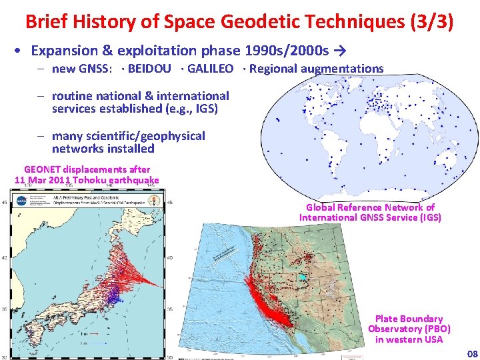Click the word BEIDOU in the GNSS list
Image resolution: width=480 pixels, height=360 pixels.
click(149, 69)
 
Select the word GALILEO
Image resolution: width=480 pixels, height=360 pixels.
click(210, 69)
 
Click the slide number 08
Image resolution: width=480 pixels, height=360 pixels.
click(472, 353)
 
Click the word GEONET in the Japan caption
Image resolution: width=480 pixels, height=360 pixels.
click(45, 170)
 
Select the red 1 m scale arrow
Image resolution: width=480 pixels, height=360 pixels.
click(94, 333)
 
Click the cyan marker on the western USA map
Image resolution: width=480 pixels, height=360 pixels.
click(303, 277)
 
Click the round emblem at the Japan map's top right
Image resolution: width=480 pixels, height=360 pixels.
click(155, 199)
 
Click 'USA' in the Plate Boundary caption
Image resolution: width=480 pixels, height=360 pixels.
click(431, 339)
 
